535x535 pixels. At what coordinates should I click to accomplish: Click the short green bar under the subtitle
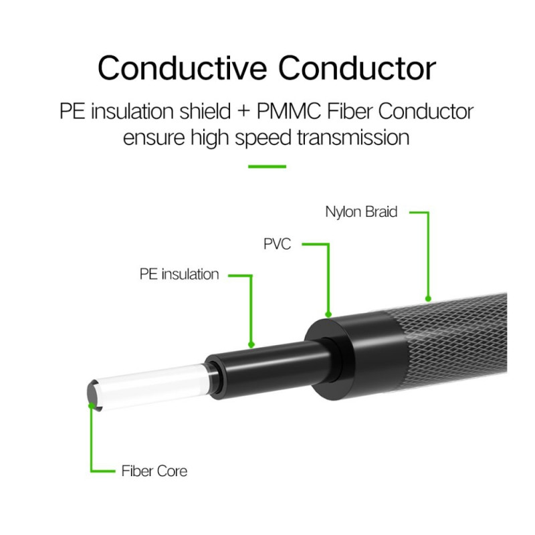pyautogui.click(x=267, y=166)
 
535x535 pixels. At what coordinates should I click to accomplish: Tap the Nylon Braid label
pyautogui.click(x=361, y=213)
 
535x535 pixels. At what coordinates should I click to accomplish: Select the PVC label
pyautogui.click(x=277, y=244)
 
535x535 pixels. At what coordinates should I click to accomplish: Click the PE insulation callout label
pyautogui.click(x=179, y=274)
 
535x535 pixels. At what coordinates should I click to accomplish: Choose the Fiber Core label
pyautogui.click(x=154, y=471)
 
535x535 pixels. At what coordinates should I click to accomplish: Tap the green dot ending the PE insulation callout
pyautogui.click(x=251, y=345)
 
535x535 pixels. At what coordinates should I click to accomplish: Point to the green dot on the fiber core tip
pyautogui.click(x=91, y=404)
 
